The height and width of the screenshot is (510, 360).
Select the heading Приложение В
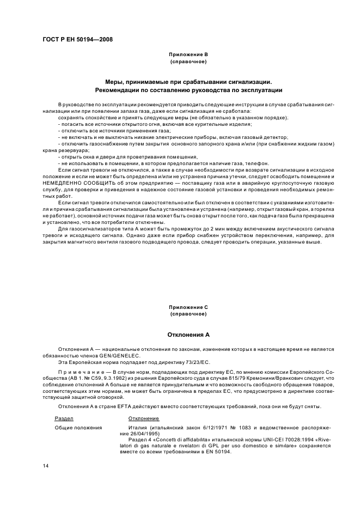pyautogui.click(x=188, y=54)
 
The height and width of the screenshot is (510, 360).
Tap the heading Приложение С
pyautogui.click(x=188, y=307)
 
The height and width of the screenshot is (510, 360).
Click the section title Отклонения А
pyautogui.click(x=188, y=335)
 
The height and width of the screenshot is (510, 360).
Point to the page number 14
pyautogui.click(x=46, y=466)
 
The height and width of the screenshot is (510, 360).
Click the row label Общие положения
pyautogui.click(x=78, y=428)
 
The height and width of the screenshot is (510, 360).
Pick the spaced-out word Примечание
pyautogui.click(x=76, y=371)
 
